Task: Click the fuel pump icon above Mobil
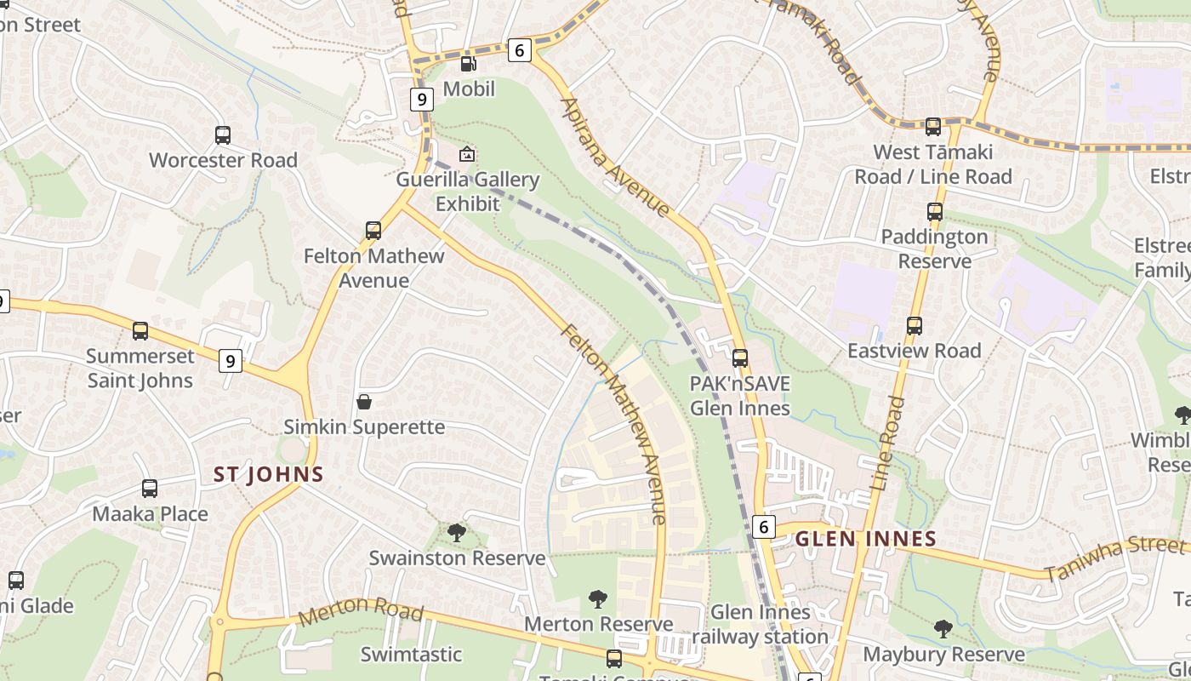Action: (468, 64)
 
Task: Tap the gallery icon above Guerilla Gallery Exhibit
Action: (467, 155)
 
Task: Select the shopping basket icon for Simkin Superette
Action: (364, 402)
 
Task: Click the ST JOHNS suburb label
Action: (269, 474)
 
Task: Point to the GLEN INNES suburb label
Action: (865, 539)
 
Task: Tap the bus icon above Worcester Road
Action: (223, 135)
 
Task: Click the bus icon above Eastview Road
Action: (915, 326)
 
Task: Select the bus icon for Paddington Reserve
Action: (935, 212)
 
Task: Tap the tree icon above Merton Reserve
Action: (598, 599)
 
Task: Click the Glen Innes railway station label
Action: (760, 624)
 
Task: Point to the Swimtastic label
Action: (411, 655)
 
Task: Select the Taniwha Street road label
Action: (1114, 558)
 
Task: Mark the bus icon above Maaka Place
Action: (150, 489)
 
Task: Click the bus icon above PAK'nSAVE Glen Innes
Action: (740, 358)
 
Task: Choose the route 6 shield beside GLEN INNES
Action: (764, 527)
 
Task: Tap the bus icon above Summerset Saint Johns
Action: (140, 331)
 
